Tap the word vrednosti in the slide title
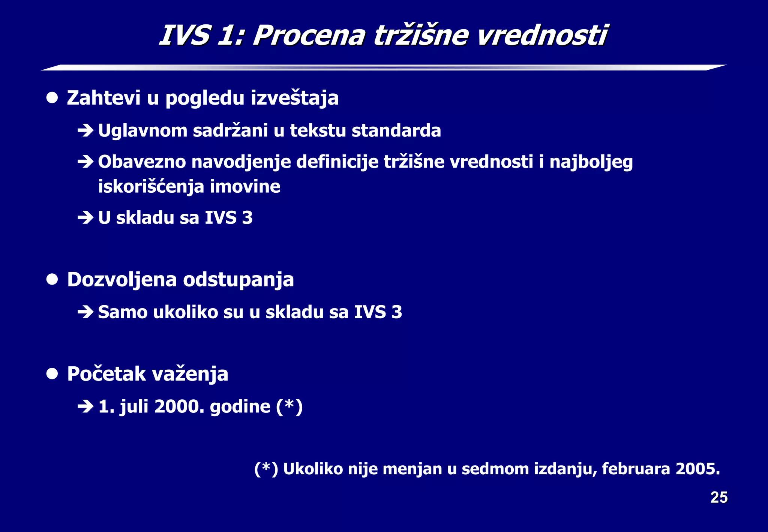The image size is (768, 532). click(542, 36)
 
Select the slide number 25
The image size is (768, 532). click(719, 498)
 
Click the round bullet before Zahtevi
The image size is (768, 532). click(52, 98)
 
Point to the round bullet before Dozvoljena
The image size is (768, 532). click(52, 280)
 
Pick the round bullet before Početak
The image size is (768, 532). click(52, 374)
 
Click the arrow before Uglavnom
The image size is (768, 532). click(85, 131)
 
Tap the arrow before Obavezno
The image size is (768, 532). click(85, 162)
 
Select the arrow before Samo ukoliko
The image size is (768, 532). click(85, 312)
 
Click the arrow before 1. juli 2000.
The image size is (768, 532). click(85, 406)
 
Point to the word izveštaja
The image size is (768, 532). click(295, 98)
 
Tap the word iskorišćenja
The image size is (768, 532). click(151, 187)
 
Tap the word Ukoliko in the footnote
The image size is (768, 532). click(313, 469)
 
